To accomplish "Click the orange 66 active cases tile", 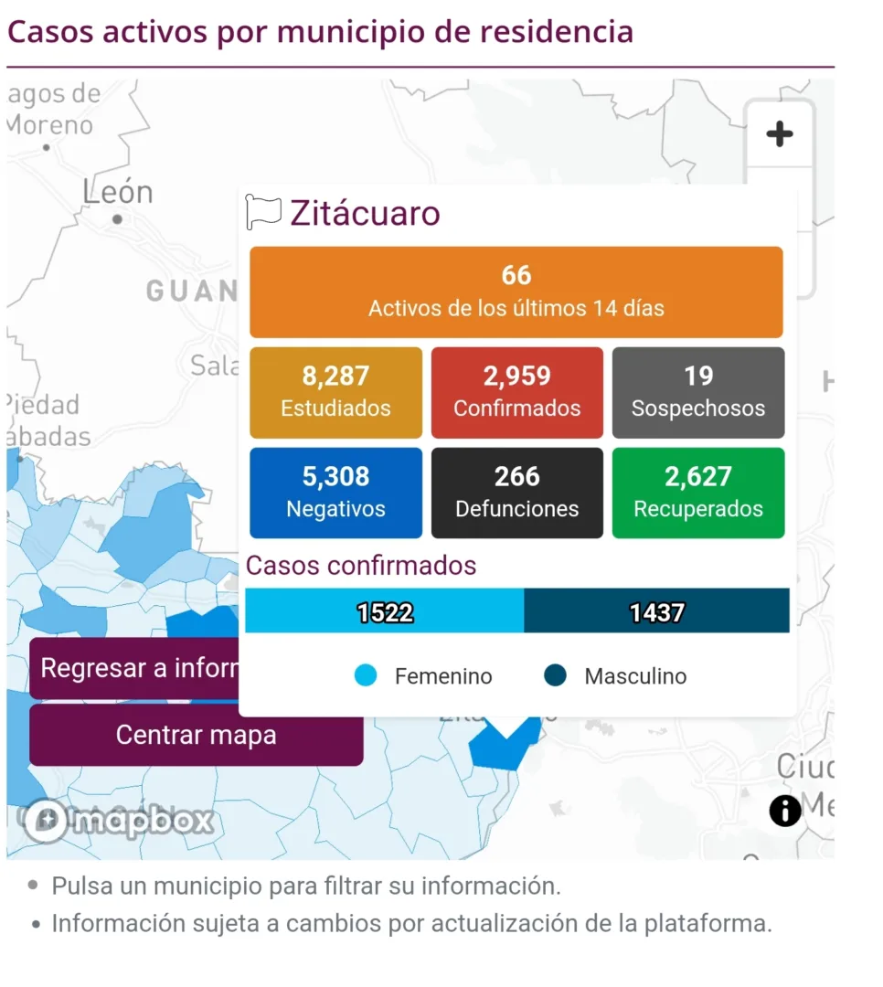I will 516,292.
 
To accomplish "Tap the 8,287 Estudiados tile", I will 335,392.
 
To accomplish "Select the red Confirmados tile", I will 516,392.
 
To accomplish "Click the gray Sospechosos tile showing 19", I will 697,392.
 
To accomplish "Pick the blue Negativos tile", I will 335,493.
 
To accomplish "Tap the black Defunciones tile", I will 516,493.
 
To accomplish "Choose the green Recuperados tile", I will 697,493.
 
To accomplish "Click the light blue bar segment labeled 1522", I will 385,611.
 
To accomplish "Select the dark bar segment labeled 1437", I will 656,611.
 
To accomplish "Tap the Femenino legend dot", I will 366,676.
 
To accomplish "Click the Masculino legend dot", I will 555,676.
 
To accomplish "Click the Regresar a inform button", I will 135,668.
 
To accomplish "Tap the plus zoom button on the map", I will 779,135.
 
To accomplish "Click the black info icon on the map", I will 784,811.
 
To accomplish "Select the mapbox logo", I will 119,821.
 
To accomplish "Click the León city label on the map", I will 118,194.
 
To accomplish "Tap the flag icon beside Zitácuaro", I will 263,213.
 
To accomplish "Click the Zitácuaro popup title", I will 365,213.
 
